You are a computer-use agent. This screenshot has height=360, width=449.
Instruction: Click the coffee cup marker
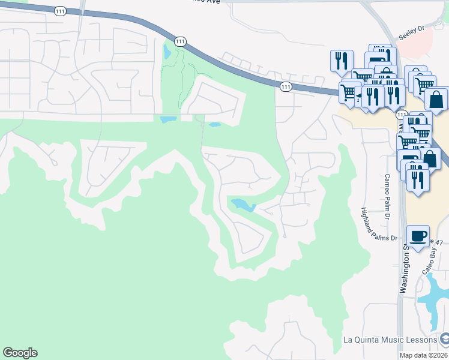[418, 235]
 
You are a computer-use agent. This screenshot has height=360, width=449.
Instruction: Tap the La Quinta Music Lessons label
[390, 340]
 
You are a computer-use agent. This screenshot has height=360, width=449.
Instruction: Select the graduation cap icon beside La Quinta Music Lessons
[444, 340]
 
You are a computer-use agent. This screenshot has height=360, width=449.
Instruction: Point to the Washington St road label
[406, 264]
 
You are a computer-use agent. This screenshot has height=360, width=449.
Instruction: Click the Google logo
[20, 353]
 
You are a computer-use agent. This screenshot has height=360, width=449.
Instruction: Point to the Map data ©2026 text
[424, 355]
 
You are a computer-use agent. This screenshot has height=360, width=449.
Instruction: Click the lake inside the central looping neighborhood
[243, 205]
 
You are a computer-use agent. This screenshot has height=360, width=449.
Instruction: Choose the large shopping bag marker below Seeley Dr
[438, 99]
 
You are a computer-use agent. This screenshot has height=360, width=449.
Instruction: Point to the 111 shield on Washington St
[401, 114]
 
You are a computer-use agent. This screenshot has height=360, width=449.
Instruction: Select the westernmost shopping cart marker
[348, 92]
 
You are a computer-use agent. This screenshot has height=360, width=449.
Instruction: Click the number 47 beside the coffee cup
[439, 242]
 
